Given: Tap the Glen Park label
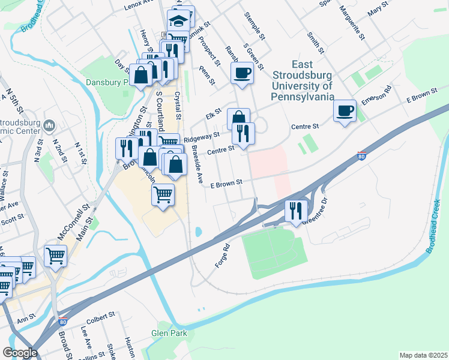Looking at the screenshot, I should pos(169,334).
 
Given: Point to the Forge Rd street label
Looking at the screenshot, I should pos(222,256).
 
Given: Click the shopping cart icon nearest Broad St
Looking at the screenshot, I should pos(55,256).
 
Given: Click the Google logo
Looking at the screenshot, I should pos(20,353).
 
